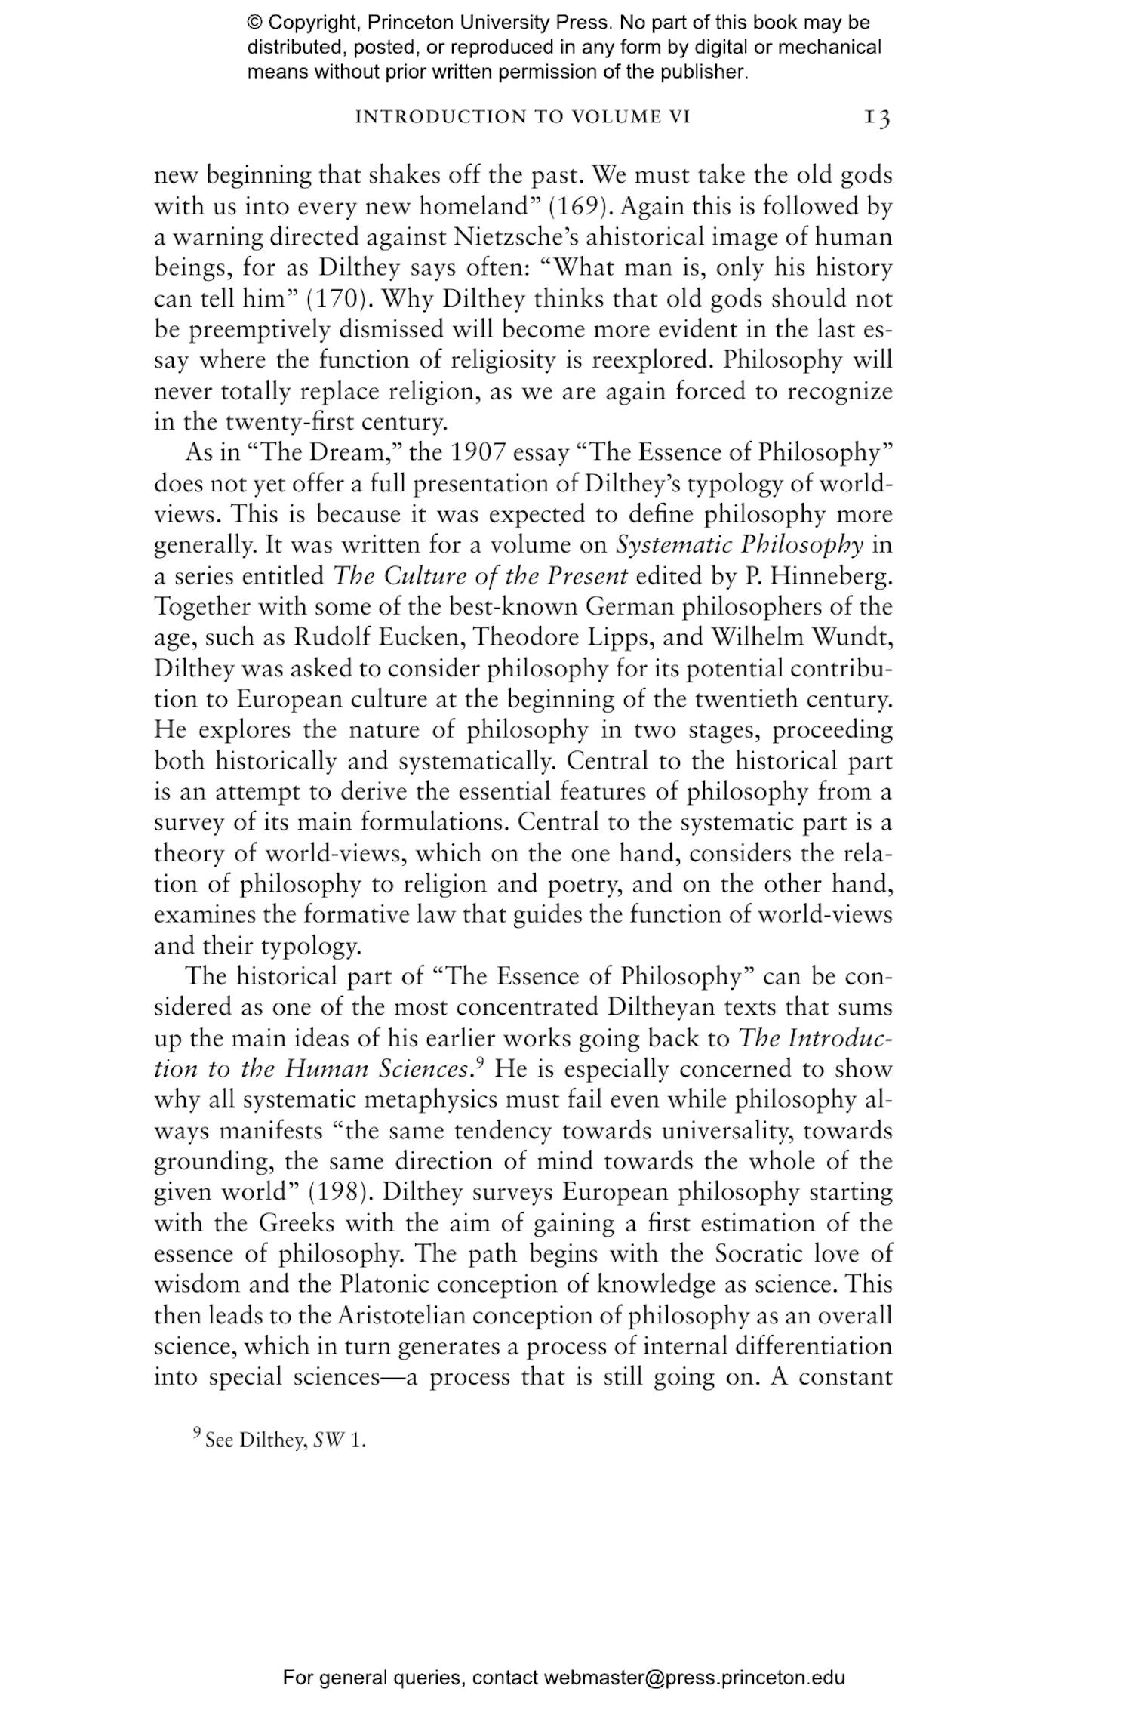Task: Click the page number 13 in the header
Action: pos(877,118)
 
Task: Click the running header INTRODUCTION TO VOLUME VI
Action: pos(522,117)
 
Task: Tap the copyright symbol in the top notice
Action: pos(254,23)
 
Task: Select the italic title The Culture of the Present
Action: pos(480,575)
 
